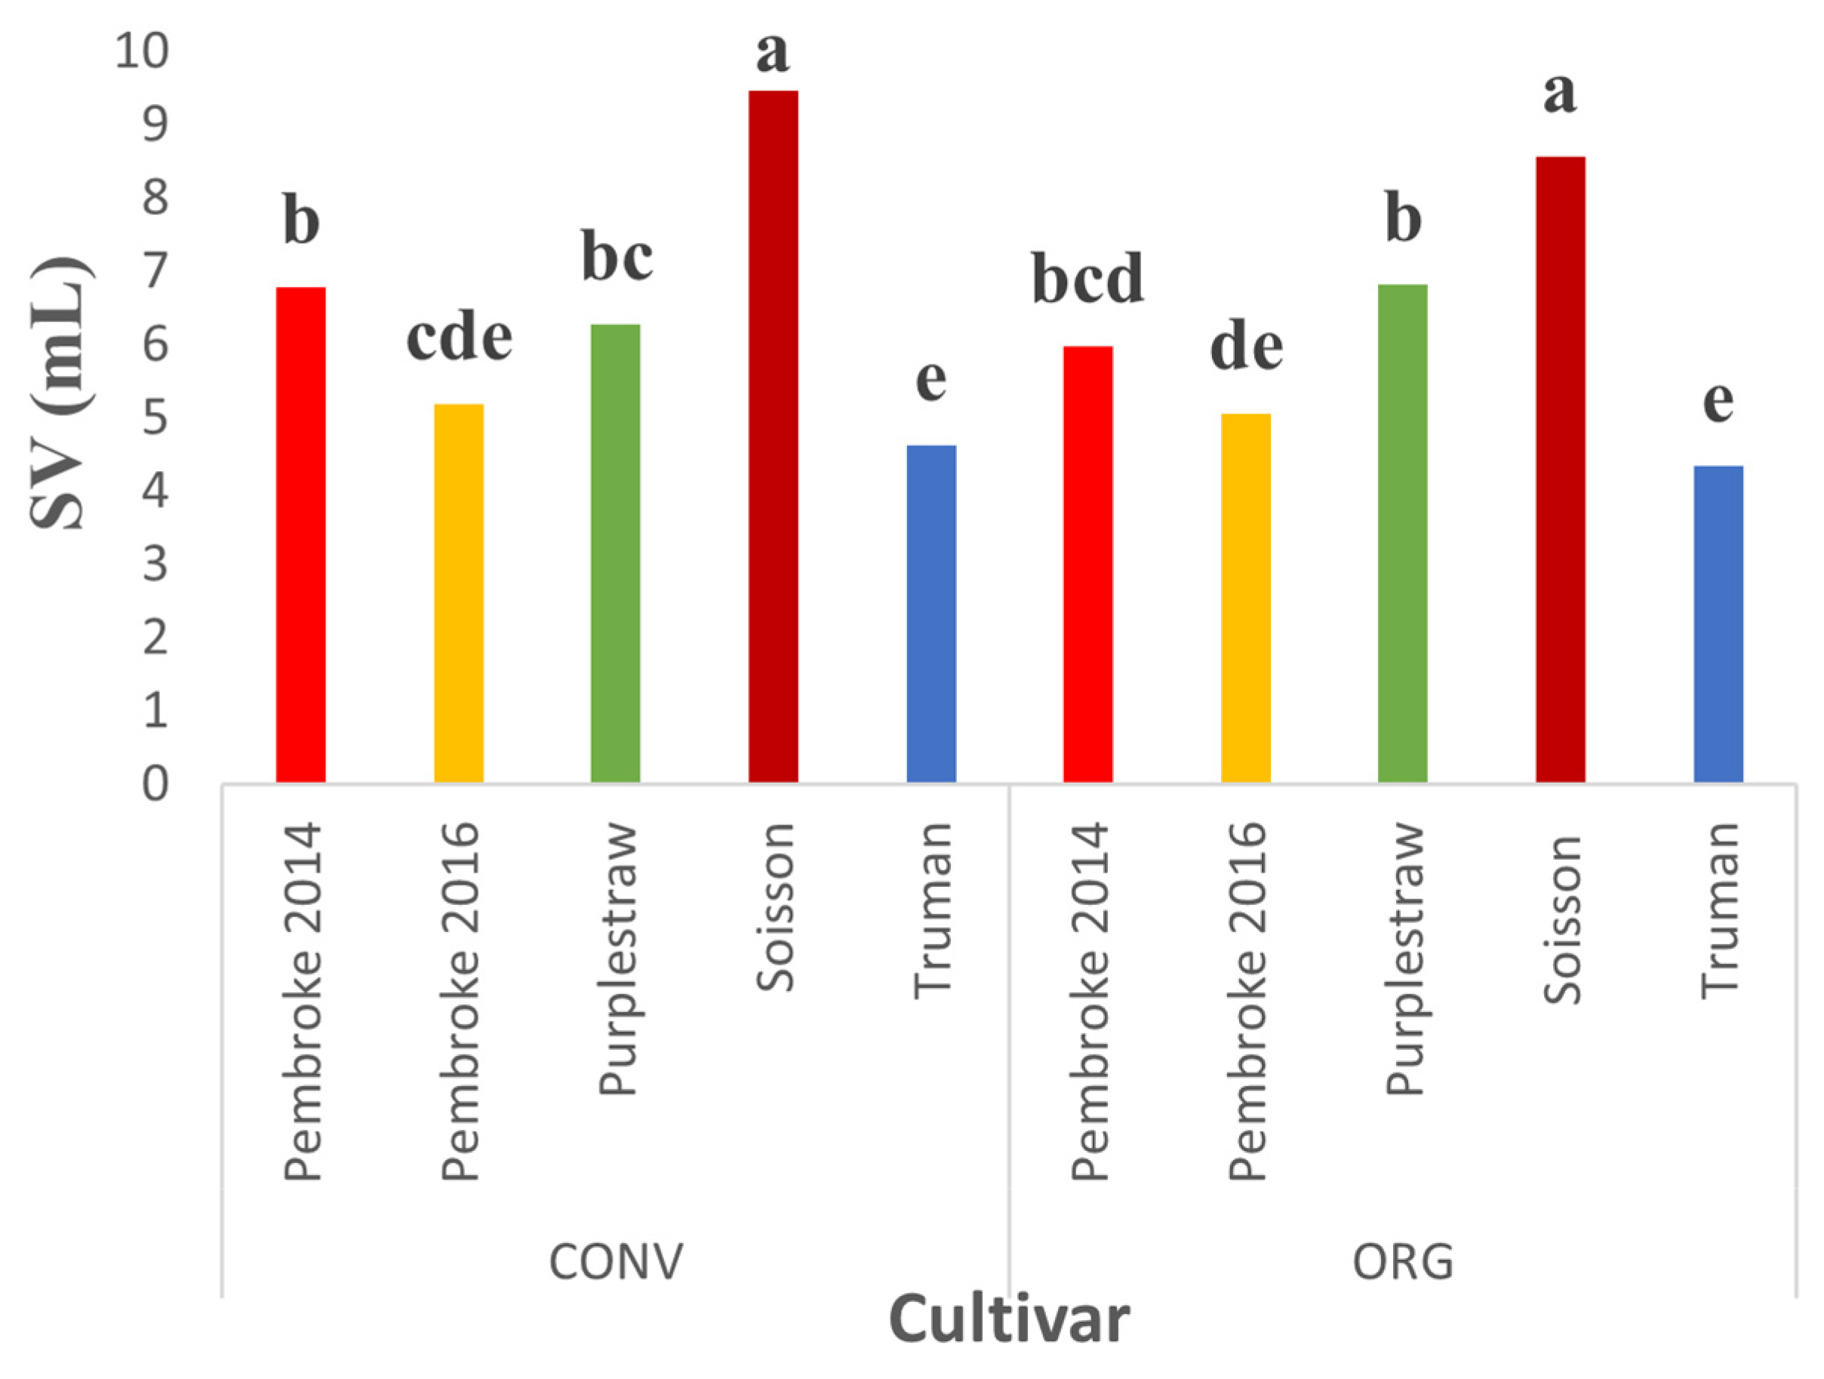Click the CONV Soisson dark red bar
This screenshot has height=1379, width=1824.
pyautogui.click(x=773, y=437)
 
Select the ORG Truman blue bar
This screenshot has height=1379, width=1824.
pyautogui.click(x=1718, y=624)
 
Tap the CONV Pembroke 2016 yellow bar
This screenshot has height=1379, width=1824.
pyautogui.click(x=459, y=594)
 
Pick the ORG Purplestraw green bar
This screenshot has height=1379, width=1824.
pyautogui.click(x=1403, y=534)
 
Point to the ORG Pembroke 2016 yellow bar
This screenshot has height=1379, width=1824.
pyautogui.click(x=1245, y=598)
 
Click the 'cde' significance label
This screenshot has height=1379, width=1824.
pyautogui.click(x=460, y=338)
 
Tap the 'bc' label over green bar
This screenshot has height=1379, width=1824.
pyautogui.click(x=617, y=257)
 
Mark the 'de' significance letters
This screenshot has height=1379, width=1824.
pyautogui.click(x=1246, y=348)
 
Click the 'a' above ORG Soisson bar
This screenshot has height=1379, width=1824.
pyautogui.click(x=1559, y=92)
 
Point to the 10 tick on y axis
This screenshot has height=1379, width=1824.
pyautogui.click(x=142, y=51)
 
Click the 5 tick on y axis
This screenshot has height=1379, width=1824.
pyautogui.click(x=155, y=418)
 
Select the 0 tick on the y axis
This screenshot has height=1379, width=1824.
pyautogui.click(x=155, y=784)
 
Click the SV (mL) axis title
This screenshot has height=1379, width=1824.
pyautogui.click(x=60, y=394)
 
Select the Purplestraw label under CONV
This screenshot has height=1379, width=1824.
pyautogui.click(x=617, y=959)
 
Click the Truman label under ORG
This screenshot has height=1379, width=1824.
pyautogui.click(x=1720, y=911)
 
